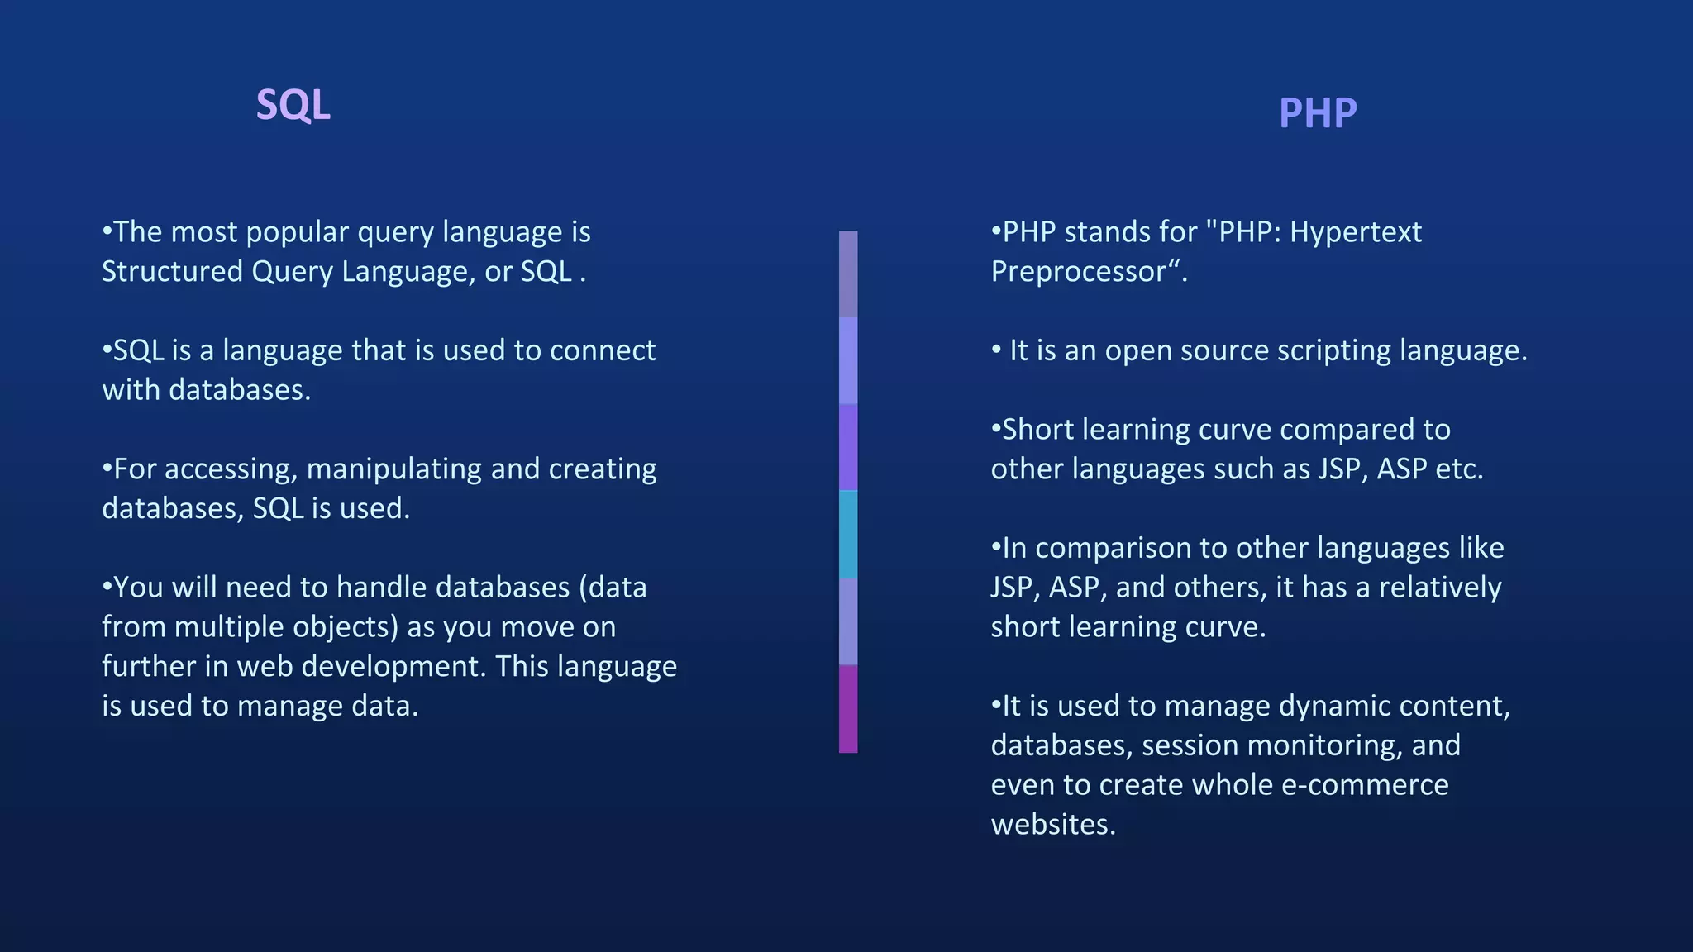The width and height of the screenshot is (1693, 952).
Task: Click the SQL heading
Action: click(293, 106)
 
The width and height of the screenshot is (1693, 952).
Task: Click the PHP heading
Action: click(1318, 113)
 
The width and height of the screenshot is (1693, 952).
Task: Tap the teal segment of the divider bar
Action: click(848, 535)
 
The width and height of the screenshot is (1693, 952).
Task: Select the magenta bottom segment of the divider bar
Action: click(848, 709)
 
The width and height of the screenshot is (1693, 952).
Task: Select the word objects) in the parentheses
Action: click(346, 627)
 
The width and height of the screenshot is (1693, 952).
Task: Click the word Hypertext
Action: click(1356, 232)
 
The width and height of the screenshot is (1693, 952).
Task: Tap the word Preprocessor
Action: click(1079, 272)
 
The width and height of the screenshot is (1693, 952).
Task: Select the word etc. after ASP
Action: click(1459, 469)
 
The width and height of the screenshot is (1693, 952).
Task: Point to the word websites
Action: click(1053, 825)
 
